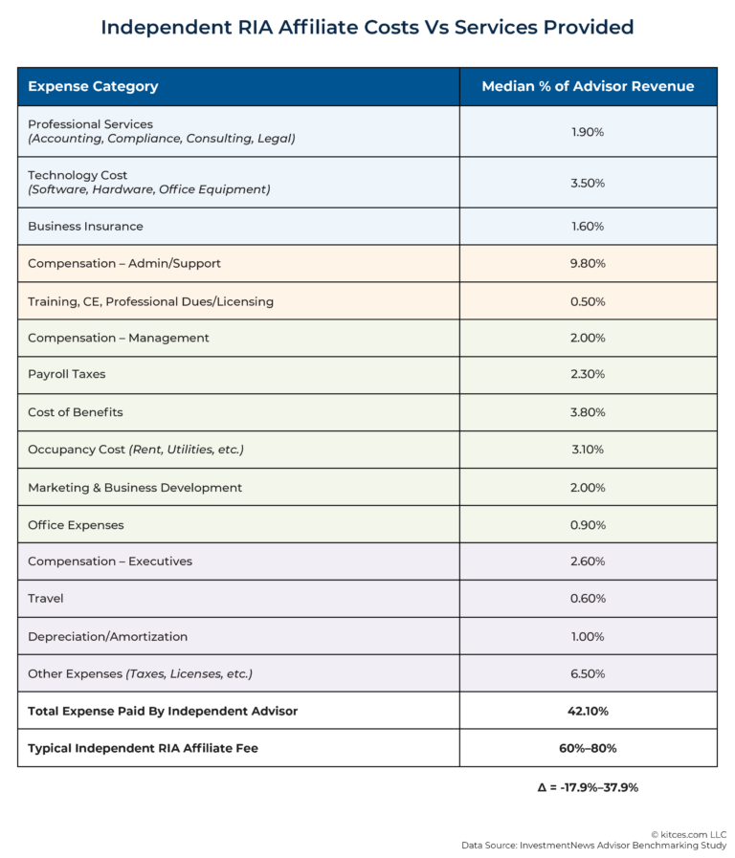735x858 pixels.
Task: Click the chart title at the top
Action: pos(367,27)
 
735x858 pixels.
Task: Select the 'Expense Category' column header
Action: pos(93,86)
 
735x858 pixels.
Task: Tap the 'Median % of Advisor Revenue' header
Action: pos(588,86)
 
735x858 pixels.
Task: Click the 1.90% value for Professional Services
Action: pos(588,132)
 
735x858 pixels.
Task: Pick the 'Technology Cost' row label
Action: pos(78,175)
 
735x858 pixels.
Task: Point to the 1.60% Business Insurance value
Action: pos(588,227)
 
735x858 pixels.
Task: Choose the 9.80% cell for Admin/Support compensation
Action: pos(588,264)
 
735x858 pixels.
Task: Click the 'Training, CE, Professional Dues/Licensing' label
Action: pos(150,301)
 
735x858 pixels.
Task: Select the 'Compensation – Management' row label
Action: pos(119,338)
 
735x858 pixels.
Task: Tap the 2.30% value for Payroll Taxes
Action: pos(588,375)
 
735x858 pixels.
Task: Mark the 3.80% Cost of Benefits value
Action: pos(588,412)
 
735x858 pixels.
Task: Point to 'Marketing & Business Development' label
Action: pos(135,488)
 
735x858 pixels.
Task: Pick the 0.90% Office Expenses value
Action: pos(588,525)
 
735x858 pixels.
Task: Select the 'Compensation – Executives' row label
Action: pos(110,561)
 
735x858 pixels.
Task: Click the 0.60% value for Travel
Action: pos(588,599)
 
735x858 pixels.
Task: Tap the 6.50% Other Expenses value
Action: pos(588,673)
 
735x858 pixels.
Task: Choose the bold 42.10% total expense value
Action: pos(588,711)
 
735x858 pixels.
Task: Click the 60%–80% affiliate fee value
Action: pos(588,748)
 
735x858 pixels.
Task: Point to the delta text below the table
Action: pos(588,787)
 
